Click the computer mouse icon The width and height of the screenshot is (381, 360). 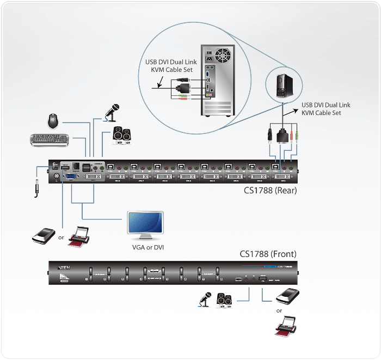pyautogui.click(x=53, y=120)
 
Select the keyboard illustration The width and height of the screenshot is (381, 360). pyautogui.click(x=50, y=140)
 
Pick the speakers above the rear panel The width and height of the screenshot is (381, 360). pyautogui.click(x=121, y=134)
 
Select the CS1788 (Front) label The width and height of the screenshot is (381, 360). pyautogui.click(x=269, y=254)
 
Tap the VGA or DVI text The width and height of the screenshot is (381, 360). pyautogui.click(x=148, y=247)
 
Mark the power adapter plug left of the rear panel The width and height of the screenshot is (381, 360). pyautogui.click(x=38, y=188)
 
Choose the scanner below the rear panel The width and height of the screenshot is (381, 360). pyautogui.click(x=43, y=235)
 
